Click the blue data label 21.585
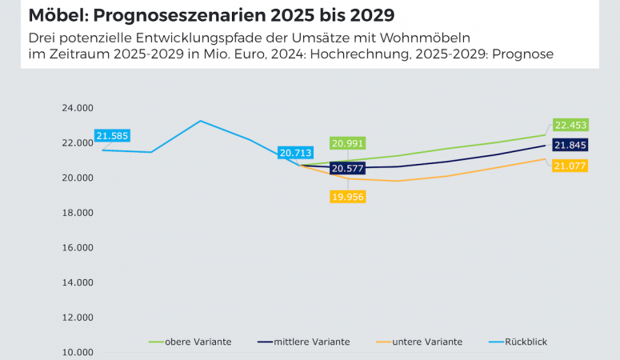pos(112,136)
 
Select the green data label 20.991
pos(348,143)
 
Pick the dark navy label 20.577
pos(348,169)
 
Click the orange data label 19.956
pos(348,196)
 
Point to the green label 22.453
pos(570,125)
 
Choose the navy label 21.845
pos(570,145)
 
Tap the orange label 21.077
pos(570,166)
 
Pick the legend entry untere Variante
pos(424,342)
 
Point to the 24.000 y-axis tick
pos(77,108)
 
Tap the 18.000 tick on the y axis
pos(77,213)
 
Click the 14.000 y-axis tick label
pos(77,282)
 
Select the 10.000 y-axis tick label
pos(77,352)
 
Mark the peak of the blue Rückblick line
pos(200,121)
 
